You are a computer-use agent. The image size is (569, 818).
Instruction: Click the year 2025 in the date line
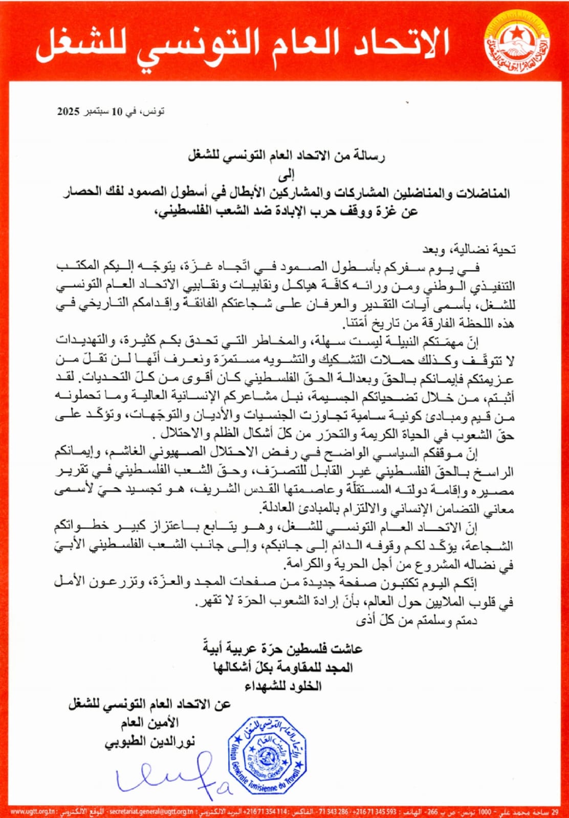pyautogui.click(x=69, y=111)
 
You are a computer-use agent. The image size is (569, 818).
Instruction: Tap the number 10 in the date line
pyautogui.click(x=118, y=111)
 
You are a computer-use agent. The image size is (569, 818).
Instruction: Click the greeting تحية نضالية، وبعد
pyautogui.click(x=468, y=249)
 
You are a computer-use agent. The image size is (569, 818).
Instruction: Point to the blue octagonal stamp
pyautogui.click(x=267, y=755)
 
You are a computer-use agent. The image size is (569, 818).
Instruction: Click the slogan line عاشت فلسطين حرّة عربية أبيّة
pyautogui.click(x=283, y=648)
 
